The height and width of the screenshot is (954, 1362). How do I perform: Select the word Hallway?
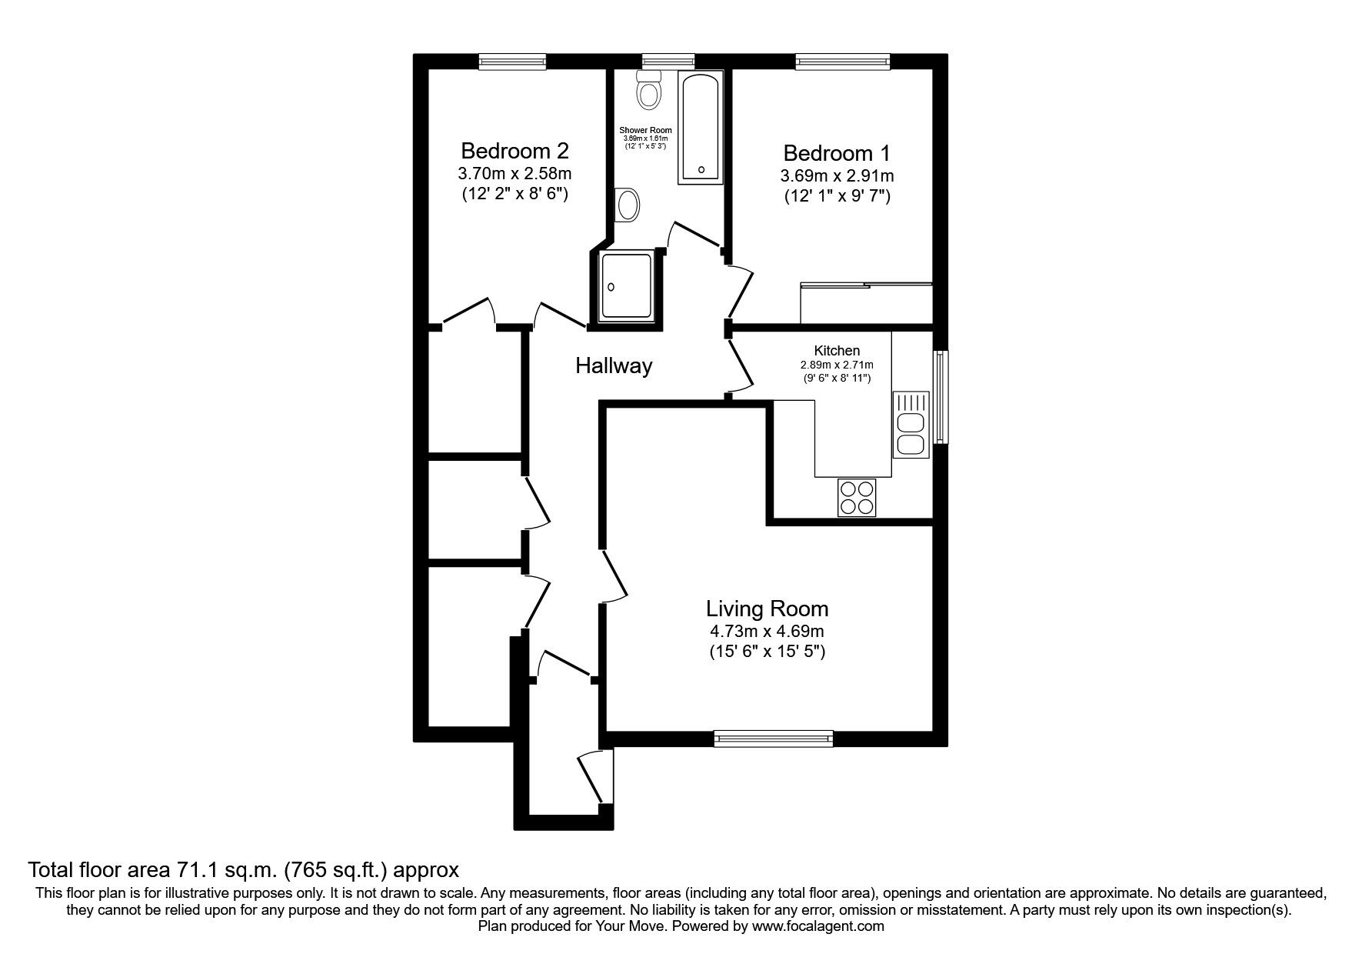tap(614, 366)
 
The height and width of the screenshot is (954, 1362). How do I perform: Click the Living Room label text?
tap(767, 609)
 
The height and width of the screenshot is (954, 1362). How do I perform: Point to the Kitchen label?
tap(837, 351)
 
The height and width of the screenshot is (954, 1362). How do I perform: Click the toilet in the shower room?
tap(650, 91)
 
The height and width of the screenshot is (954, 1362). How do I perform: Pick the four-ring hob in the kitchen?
tap(856, 497)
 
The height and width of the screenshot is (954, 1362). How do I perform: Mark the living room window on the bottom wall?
tap(773, 739)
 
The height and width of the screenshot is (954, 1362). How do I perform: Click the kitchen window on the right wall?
tap(941, 397)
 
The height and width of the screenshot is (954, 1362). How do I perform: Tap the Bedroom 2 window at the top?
tap(512, 62)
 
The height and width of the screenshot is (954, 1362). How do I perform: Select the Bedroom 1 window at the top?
tap(842, 62)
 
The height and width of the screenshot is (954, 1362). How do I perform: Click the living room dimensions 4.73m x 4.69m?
tap(767, 632)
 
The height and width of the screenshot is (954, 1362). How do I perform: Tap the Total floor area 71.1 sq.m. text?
tap(243, 870)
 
